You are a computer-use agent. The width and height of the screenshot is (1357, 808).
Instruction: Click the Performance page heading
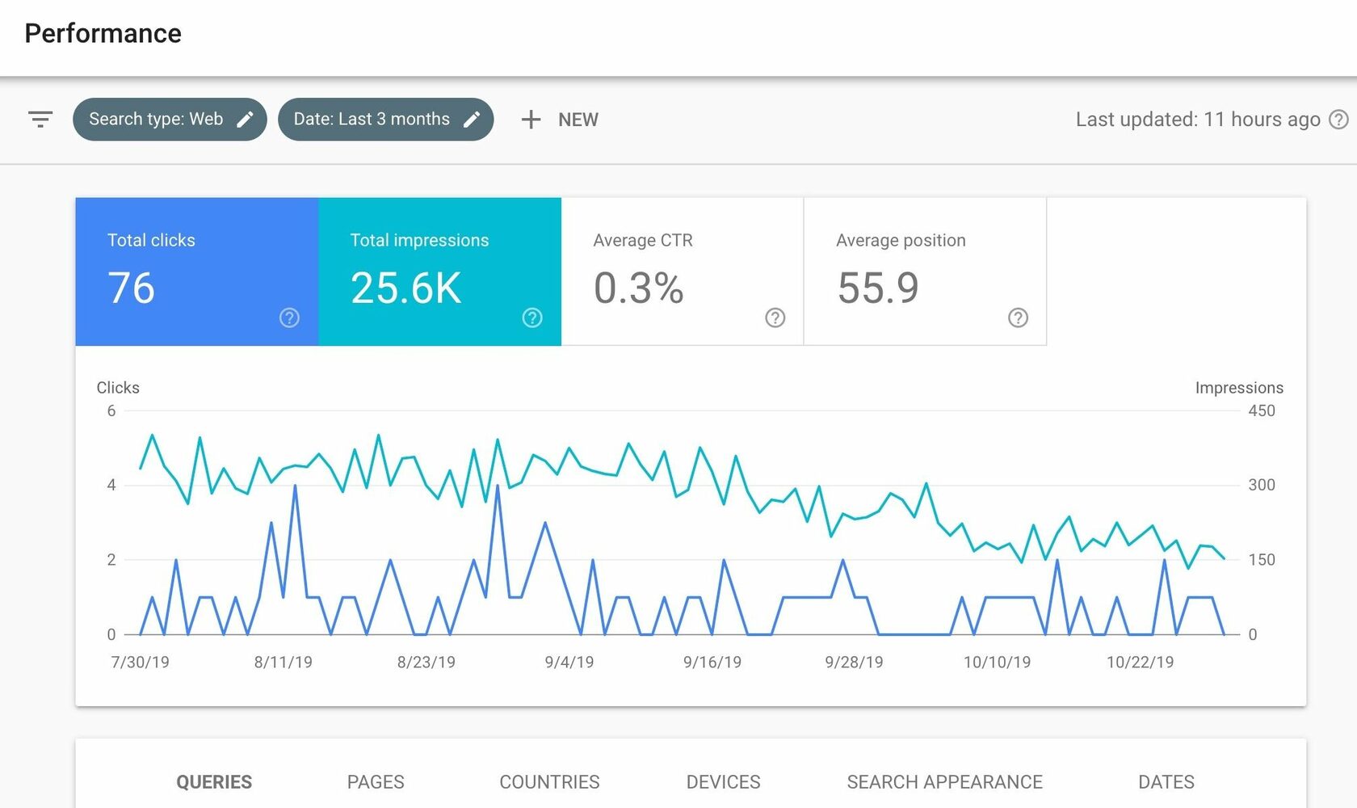(x=103, y=33)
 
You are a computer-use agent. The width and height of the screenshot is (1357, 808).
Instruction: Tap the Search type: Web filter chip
(x=170, y=120)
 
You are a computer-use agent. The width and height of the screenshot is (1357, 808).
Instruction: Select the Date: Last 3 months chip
(x=386, y=120)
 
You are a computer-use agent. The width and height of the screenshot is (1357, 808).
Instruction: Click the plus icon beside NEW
(x=531, y=120)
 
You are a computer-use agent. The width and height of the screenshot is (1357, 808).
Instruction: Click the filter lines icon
(x=40, y=120)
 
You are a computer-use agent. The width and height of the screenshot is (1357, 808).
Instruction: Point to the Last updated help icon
(x=1338, y=120)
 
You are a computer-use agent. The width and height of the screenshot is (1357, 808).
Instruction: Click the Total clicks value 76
(x=132, y=288)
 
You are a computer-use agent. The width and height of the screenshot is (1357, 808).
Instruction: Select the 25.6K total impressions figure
(x=405, y=288)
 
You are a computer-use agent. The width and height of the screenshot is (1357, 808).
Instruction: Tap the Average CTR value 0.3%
(x=638, y=288)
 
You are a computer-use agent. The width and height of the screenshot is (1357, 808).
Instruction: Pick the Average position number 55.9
(x=878, y=288)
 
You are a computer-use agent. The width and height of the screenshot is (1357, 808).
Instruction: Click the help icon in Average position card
(x=1018, y=318)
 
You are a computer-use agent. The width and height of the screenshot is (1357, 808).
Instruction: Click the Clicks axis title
(x=118, y=387)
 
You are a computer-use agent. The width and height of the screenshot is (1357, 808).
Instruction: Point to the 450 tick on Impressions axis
(x=1262, y=411)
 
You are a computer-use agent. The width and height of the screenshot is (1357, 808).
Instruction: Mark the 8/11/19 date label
(x=283, y=662)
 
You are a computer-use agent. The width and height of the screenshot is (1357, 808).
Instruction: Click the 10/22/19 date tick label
(x=1141, y=662)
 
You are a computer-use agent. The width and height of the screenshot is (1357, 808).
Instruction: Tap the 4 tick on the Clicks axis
(x=111, y=485)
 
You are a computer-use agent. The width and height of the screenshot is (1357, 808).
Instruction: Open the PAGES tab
(x=376, y=782)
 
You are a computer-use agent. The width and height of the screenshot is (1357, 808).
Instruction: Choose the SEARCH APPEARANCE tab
(x=944, y=782)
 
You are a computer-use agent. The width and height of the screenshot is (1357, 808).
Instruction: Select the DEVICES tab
(x=724, y=782)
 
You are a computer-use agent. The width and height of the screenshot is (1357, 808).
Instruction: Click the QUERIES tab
(x=214, y=782)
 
